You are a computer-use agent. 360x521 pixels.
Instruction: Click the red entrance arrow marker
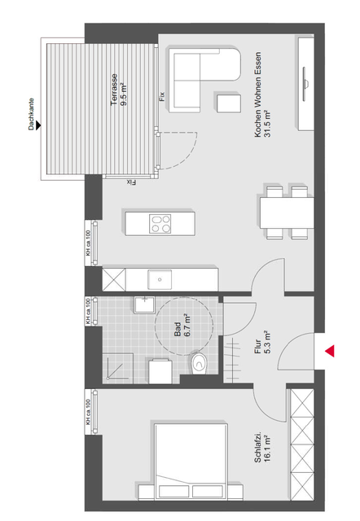point(330,351)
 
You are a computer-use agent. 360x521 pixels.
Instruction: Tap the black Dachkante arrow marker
point(38,125)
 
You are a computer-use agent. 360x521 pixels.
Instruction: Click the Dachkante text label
point(31,114)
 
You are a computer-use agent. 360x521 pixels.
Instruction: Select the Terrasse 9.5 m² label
point(119,90)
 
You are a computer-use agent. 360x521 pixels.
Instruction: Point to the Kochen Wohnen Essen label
point(262,94)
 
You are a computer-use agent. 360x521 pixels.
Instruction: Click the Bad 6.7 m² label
point(182,326)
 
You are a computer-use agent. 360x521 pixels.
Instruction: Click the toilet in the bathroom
point(199,364)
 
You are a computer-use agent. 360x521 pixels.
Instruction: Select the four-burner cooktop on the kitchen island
point(160,224)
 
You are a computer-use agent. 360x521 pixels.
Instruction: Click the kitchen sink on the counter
point(160,280)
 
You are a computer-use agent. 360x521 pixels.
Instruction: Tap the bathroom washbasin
point(145,305)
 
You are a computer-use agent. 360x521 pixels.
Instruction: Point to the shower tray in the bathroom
point(117,368)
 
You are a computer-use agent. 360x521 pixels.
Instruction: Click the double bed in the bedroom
point(191,462)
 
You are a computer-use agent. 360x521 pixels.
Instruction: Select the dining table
point(287,212)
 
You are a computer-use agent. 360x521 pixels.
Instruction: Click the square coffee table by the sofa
point(229,103)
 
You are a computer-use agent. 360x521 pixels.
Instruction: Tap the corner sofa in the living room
point(204,80)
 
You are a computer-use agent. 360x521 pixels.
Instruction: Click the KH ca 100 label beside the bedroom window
point(88,412)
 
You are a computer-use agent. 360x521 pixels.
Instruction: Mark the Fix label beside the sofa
point(162,96)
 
